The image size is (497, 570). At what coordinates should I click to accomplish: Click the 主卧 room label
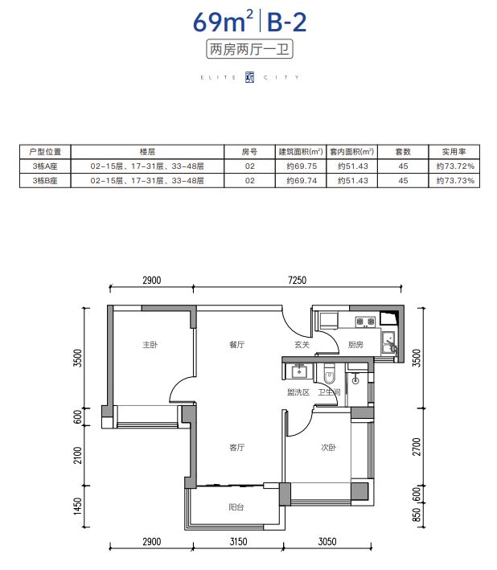coord(150,344)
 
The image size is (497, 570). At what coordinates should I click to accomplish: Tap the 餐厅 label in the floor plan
coord(237,344)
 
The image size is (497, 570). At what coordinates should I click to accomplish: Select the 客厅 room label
coord(237,448)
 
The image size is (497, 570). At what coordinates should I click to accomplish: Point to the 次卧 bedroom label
coord(328,448)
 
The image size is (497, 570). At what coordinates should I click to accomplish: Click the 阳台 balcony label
coord(236,506)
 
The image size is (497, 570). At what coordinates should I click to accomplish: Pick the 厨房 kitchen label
coord(355,344)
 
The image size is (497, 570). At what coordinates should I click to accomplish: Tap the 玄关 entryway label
coord(302,344)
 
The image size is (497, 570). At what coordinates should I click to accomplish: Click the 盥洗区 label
coord(298,392)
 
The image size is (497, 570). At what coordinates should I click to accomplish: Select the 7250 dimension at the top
coord(297,281)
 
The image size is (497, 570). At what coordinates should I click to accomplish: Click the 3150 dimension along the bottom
coord(239,542)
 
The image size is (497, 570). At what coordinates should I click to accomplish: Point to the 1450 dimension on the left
coord(78,506)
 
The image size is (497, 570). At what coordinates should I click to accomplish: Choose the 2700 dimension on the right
coord(417,447)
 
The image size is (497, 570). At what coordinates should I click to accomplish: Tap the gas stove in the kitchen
coord(365,322)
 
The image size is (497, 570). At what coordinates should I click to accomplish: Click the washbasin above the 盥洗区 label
coord(299,371)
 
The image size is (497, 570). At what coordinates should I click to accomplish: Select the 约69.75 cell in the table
coord(302,166)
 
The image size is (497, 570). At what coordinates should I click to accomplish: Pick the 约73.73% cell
coord(455,181)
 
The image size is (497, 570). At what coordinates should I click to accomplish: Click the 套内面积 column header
coord(351,152)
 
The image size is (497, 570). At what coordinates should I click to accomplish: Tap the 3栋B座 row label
coord(45,181)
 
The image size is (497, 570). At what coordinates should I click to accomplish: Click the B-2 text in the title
coord(287,23)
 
